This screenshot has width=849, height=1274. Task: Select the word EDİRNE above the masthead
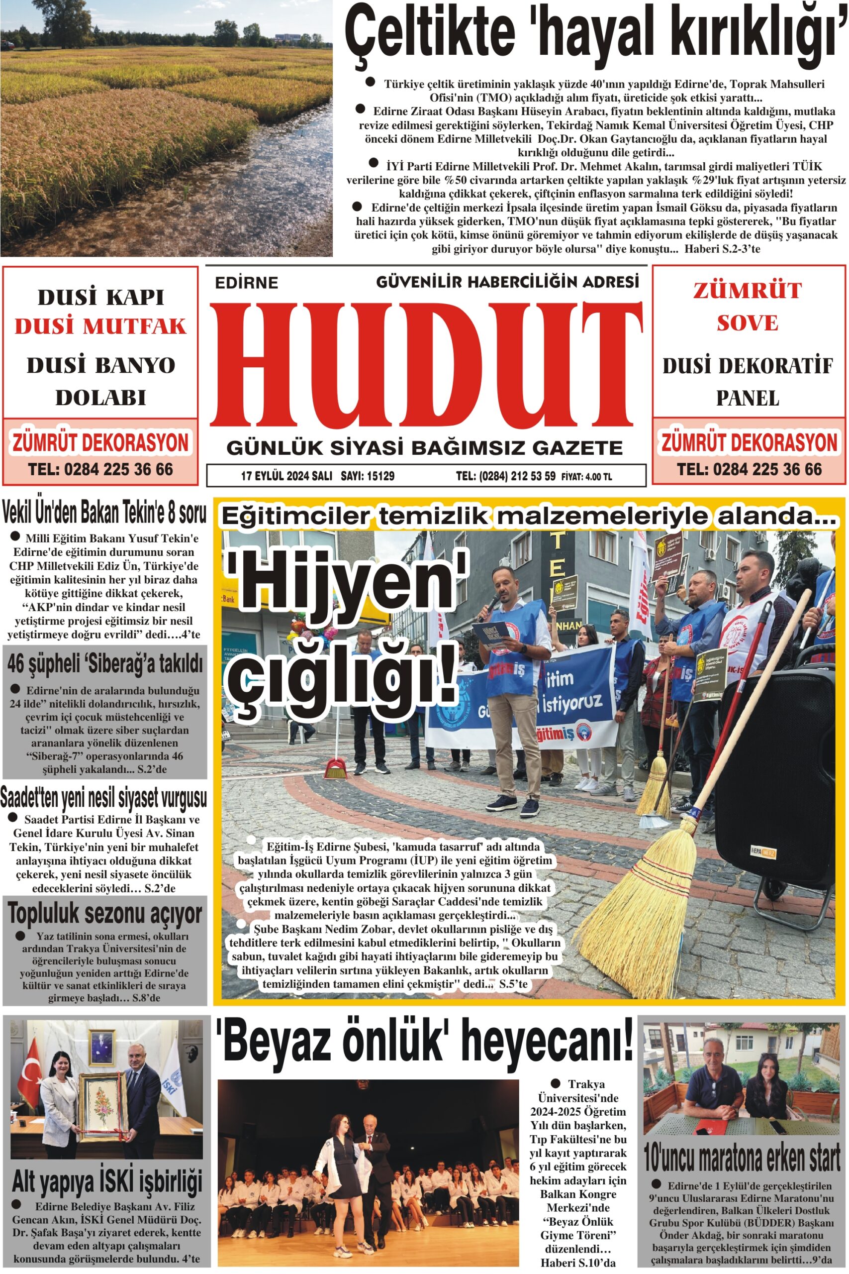click(246, 283)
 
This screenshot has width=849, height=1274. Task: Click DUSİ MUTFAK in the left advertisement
click(100, 326)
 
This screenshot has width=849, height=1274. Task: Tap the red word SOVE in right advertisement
click(747, 323)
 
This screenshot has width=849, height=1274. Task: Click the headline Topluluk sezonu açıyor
click(105, 914)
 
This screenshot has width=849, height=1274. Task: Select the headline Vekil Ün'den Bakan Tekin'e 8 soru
click(104, 513)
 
